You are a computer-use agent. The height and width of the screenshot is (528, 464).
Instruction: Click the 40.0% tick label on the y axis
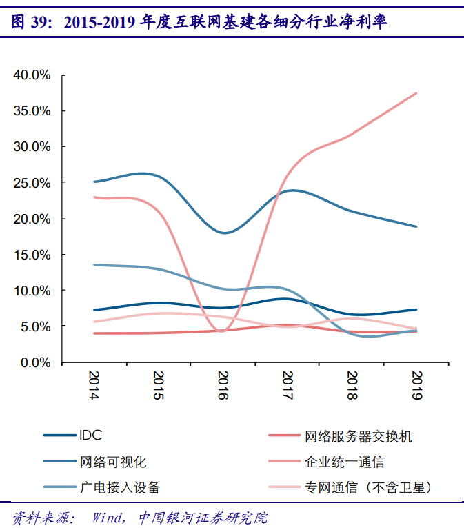point(32,75)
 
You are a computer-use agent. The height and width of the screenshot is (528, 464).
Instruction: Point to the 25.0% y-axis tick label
point(32,183)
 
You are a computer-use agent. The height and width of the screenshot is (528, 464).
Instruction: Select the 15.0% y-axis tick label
point(32,255)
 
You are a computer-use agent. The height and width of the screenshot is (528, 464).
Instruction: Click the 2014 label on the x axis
point(92,385)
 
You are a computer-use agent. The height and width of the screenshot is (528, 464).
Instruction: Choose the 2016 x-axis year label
point(222,385)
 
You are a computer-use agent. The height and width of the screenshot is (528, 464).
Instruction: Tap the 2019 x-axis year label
point(416,385)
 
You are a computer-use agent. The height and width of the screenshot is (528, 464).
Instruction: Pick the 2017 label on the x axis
point(287,385)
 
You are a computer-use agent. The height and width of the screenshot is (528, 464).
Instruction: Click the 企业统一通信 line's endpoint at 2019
point(416,93)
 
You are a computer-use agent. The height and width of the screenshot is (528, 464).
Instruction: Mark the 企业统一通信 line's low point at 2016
point(222,331)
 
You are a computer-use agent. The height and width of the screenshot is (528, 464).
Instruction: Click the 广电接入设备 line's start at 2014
point(93,264)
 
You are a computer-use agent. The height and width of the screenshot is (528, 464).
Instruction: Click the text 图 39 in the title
point(30,23)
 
